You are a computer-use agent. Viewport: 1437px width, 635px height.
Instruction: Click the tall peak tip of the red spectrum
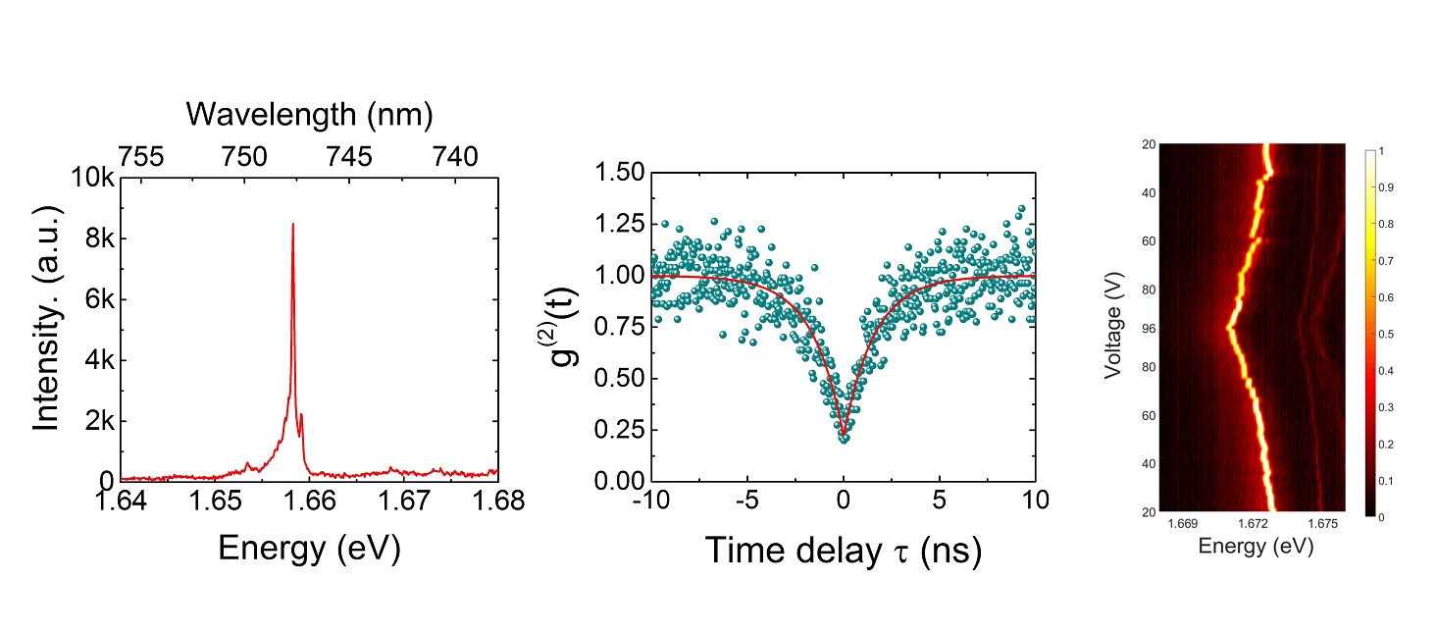(292, 225)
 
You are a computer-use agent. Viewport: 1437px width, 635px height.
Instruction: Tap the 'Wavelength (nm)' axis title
(309, 115)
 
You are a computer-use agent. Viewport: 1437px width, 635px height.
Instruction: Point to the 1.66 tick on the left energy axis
(309, 501)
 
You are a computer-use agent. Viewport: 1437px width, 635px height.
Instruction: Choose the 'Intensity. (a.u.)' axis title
(47, 329)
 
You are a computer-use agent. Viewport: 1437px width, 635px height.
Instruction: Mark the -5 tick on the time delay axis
(744, 501)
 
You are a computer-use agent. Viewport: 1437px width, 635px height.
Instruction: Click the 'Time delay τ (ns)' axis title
(843, 552)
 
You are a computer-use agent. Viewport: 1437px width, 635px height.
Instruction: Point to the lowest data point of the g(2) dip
(844, 439)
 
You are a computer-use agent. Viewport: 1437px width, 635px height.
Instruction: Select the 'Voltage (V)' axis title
(1110, 329)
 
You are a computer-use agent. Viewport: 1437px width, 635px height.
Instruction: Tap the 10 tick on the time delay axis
(1035, 501)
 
